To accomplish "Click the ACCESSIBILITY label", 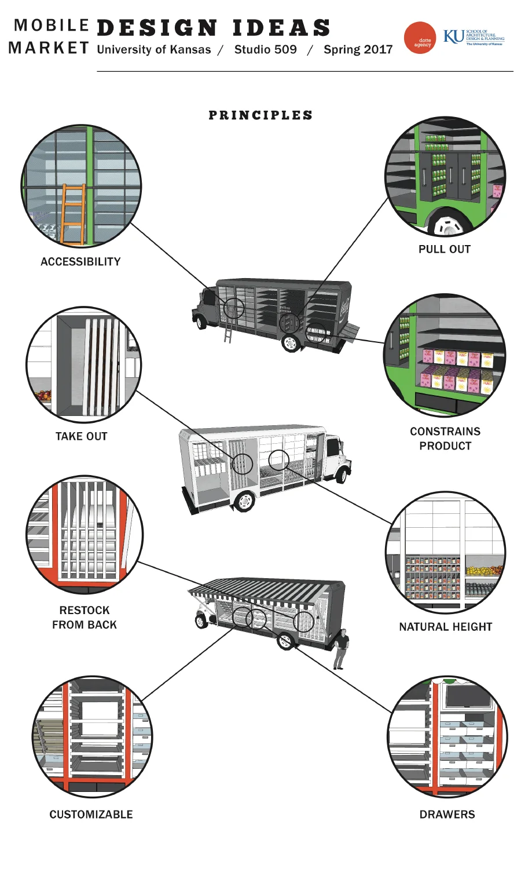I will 80,262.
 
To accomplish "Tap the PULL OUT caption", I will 445,249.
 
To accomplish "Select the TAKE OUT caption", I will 82,436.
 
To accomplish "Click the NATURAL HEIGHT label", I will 445,627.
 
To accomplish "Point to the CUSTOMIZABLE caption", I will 91,815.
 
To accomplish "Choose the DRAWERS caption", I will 447,815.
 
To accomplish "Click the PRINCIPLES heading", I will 260,115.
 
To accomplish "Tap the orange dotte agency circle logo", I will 420,38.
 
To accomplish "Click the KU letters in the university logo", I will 453,37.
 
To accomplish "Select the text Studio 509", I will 265,50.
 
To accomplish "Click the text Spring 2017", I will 358,50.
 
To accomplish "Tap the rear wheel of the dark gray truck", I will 291,343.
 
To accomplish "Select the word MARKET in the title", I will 49,48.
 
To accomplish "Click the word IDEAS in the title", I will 281,28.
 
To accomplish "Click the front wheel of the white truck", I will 342,475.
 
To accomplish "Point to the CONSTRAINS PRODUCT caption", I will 445,439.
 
